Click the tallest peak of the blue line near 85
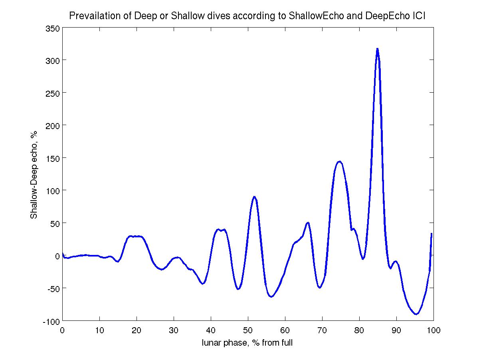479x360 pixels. coord(377,49)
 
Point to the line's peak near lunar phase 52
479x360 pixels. coord(254,197)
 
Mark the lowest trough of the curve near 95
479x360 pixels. coord(416,314)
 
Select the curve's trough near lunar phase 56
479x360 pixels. coord(271,297)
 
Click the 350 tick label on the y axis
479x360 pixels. coord(53,28)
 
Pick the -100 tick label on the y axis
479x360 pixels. coord(52,321)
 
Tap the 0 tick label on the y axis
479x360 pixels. coord(57,256)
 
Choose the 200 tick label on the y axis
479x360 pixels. coord(53,125)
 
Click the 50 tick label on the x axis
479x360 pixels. coord(248,330)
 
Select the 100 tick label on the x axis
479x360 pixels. coord(433,330)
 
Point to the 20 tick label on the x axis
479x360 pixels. coord(137,330)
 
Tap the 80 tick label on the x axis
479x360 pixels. coord(359,330)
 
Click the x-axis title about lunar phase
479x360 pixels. coord(247,342)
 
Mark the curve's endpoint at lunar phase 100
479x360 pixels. coord(431,234)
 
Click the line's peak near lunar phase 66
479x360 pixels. coord(308,223)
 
